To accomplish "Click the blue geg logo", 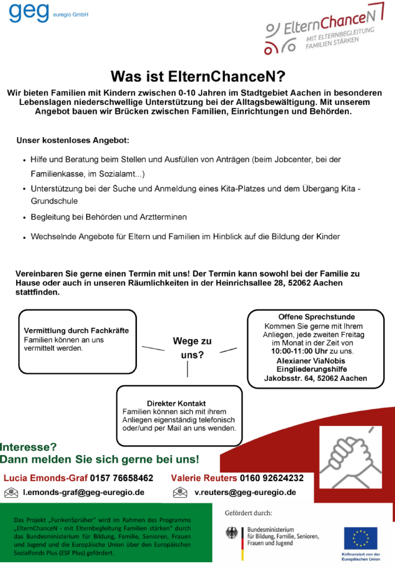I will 29,12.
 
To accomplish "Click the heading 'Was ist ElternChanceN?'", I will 197,76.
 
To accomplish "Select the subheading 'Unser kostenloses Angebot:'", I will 73,141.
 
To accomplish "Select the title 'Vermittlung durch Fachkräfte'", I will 76,331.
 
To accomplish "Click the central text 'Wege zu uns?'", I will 192,348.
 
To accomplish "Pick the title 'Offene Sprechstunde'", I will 316,317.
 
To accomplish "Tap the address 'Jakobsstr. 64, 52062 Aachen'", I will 315,378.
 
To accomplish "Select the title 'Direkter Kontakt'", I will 176,403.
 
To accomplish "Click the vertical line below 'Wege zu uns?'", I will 187,369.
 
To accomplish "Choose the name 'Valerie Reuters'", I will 204,478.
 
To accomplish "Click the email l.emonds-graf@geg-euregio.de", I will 83,492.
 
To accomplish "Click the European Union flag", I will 360,537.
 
